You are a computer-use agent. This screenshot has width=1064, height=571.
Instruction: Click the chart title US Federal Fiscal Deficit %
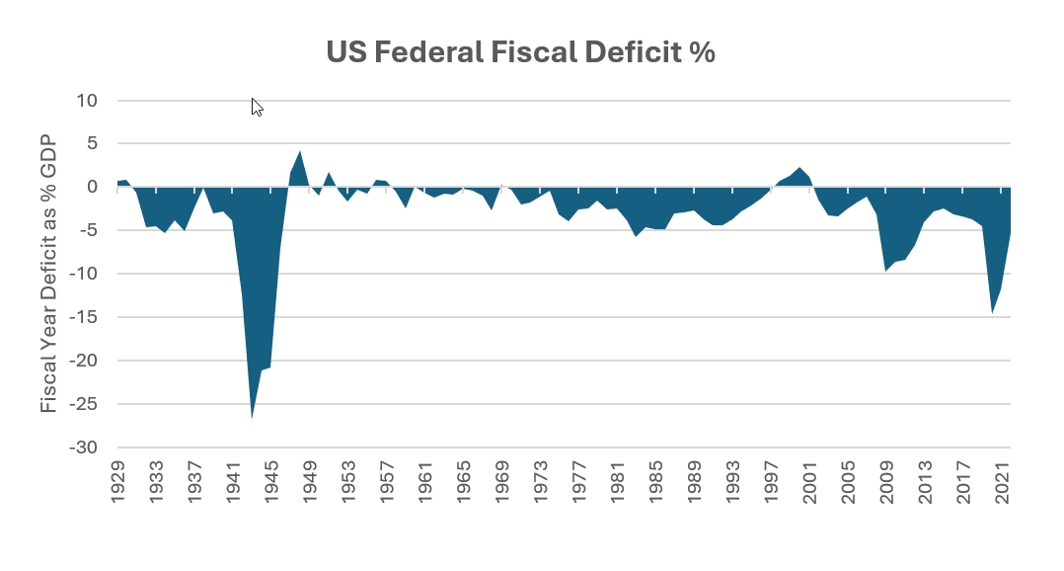point(520,53)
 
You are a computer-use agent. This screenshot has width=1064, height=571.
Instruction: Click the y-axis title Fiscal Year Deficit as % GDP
point(49,274)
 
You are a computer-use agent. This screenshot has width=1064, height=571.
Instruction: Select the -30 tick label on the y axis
point(83,448)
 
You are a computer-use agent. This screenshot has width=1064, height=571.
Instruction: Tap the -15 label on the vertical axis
point(83,317)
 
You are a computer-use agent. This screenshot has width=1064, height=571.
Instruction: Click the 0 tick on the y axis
point(92,187)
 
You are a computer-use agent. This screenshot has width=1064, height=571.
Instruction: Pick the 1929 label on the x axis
point(118,485)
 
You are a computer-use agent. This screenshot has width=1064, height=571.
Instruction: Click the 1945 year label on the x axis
point(271,485)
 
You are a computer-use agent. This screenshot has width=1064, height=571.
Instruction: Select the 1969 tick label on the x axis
point(502,485)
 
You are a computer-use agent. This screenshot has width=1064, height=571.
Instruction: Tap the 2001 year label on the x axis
point(809,485)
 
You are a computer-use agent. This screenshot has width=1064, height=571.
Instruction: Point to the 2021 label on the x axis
point(1002,485)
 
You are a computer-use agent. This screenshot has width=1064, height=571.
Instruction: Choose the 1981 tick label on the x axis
point(618,485)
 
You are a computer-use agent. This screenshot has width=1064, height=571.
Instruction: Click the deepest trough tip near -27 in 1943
point(252,418)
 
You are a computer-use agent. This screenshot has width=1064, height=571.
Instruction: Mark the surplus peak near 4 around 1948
point(300,152)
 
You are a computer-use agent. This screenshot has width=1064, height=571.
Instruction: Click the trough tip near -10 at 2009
point(886,270)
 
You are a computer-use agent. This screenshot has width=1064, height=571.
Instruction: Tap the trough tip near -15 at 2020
point(992,313)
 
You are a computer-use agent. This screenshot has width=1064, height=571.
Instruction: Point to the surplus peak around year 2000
point(800,168)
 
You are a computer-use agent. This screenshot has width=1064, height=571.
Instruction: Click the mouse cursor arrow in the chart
point(256,106)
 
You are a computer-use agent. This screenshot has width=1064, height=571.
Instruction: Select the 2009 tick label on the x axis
point(886,485)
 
